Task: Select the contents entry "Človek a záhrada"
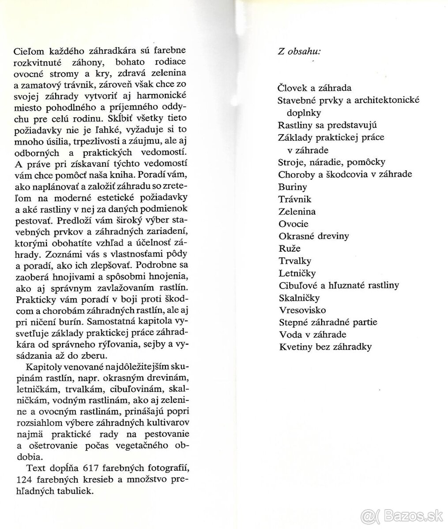pos(314,88)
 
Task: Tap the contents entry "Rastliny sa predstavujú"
pos(327,125)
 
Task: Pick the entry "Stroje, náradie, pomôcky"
pos(331,162)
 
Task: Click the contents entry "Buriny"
pos(293,186)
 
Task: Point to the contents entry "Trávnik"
pos(294,199)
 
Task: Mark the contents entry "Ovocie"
pos(294,224)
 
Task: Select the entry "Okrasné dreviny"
pos(313,236)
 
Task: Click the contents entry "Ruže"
pos(290,248)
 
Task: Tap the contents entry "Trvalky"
pos(295,261)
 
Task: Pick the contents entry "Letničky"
pos(297,273)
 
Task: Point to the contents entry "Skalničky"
pos(299,298)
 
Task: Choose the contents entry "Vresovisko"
pos(302,310)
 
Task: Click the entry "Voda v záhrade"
pos(312,335)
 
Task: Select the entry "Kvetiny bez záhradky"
pos(325,347)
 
